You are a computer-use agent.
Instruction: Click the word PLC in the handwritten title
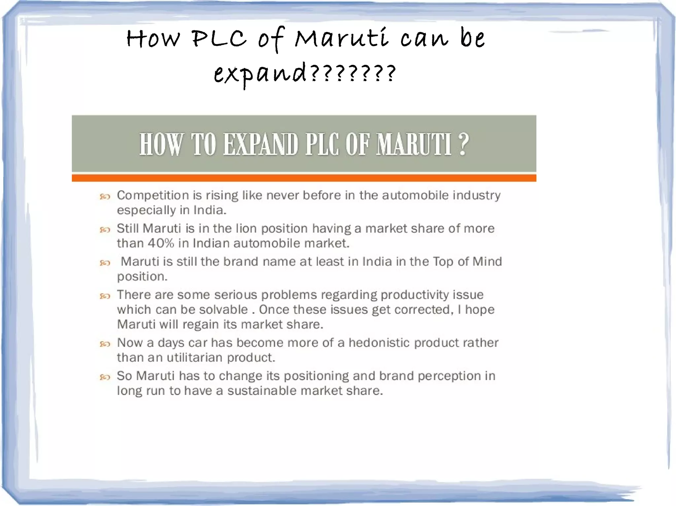pyautogui.click(x=219, y=39)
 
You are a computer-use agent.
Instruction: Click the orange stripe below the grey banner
pyautogui.click(x=304, y=178)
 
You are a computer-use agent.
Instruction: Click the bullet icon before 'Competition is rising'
pyautogui.click(x=105, y=197)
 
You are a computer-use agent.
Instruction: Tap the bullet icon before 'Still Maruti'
pyautogui.click(x=105, y=230)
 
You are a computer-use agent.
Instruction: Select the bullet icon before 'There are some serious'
pyautogui.click(x=105, y=296)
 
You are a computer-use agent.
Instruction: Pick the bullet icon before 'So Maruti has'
pyautogui.click(x=105, y=377)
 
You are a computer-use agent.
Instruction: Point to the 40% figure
pyautogui.click(x=161, y=243)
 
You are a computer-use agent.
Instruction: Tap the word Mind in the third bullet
pyautogui.click(x=487, y=261)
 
